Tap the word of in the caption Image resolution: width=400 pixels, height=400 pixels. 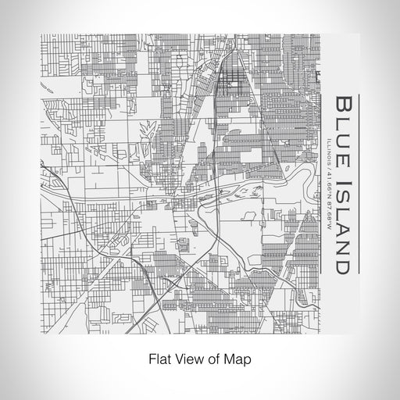(209, 361)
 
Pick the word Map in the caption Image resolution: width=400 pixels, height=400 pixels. (232, 361)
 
